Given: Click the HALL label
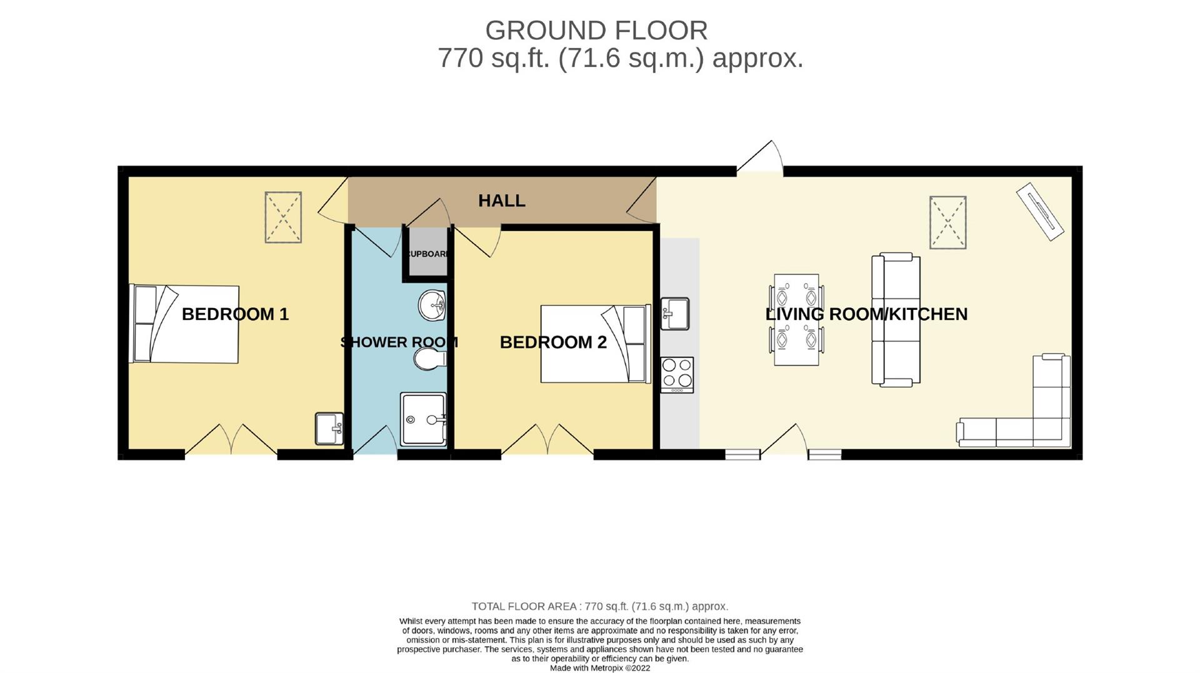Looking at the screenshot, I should [x=501, y=201].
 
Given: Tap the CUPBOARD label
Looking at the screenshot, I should [x=427, y=254].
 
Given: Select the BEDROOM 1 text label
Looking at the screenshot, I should [x=235, y=314].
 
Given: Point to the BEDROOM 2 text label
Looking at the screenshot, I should [x=553, y=342].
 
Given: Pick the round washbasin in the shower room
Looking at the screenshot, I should [x=431, y=305].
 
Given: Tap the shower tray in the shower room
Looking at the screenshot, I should [x=423, y=419].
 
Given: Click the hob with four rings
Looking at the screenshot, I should [x=677, y=374].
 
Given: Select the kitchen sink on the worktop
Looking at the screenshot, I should [x=674, y=314].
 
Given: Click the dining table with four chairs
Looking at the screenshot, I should [x=796, y=319].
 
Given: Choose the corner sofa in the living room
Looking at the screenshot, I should [x=1025, y=412].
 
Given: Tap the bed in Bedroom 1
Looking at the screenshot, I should [x=184, y=324].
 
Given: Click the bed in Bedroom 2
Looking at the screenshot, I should [x=595, y=344].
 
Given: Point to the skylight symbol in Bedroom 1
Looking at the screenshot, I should [x=283, y=217].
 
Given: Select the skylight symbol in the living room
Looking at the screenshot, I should [x=947, y=222].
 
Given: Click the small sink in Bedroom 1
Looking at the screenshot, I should [x=329, y=429].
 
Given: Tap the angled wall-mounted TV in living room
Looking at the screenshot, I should [x=1040, y=211].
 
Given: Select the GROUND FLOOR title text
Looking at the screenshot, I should [x=596, y=30].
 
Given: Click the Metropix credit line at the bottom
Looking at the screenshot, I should [x=599, y=668].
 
